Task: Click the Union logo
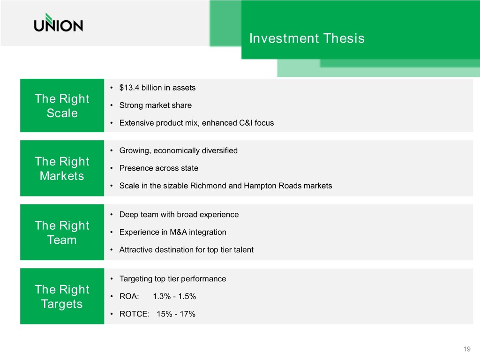(58, 22)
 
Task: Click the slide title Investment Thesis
(307, 38)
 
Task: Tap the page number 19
(467, 349)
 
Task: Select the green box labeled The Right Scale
(62, 105)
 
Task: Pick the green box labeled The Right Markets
(62, 168)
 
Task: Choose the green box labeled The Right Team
(62, 232)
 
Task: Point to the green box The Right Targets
(62, 296)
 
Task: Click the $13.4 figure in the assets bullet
(129, 88)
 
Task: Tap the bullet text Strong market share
(156, 105)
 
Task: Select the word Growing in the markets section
(135, 151)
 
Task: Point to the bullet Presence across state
(158, 168)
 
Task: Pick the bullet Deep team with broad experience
(179, 215)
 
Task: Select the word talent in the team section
(243, 250)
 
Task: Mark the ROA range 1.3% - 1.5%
(174, 296)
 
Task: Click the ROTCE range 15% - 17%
(176, 314)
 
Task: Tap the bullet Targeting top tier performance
(172, 279)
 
